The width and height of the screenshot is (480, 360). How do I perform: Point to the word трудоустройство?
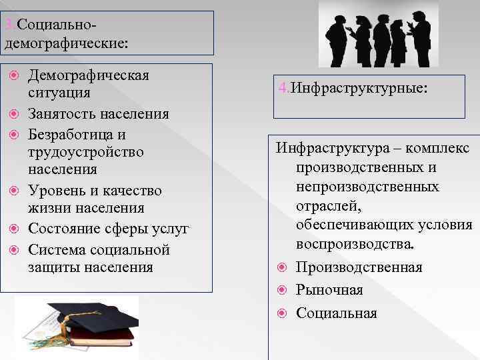tap(86, 152)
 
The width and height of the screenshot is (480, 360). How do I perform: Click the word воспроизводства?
tap(355, 245)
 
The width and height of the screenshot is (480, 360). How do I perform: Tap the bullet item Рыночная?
tap(329, 290)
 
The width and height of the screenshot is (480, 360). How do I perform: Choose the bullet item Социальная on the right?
tap(337, 313)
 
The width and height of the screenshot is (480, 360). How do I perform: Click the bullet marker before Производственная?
tap(281, 267)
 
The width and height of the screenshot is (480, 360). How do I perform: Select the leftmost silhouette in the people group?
tap(333, 37)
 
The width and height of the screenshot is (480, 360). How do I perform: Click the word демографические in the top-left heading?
tap(66, 43)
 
